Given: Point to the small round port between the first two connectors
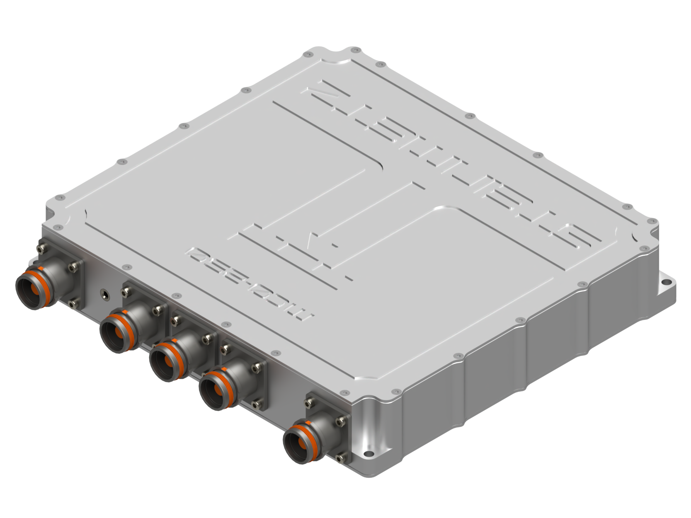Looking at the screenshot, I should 103,295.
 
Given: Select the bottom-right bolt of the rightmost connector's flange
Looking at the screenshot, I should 341,458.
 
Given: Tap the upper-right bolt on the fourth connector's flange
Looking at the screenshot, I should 259,366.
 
